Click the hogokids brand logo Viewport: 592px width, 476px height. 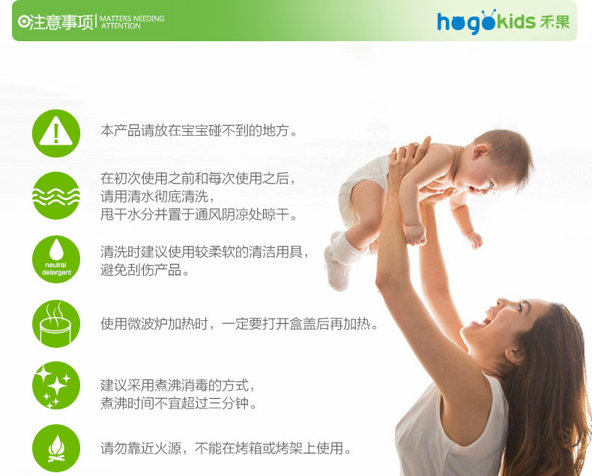coord(504,22)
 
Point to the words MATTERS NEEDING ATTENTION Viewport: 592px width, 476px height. coord(132,22)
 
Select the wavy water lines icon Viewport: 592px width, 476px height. coord(56,196)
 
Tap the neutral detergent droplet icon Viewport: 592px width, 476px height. coord(56,259)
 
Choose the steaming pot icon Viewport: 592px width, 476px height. coord(56,324)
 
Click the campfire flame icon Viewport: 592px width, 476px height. coord(56,448)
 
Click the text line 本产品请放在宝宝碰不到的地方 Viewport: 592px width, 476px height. coord(199,130)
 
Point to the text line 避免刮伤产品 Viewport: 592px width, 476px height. coord(145,270)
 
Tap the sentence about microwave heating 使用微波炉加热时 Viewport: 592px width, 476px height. coord(239,324)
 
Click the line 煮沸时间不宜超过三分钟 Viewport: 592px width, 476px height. coord(178,403)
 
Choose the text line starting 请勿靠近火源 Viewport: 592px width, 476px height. coord(226,448)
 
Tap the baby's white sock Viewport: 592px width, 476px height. coord(339,261)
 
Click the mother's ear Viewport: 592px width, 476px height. coord(514,355)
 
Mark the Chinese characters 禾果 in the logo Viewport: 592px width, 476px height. coord(555,22)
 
